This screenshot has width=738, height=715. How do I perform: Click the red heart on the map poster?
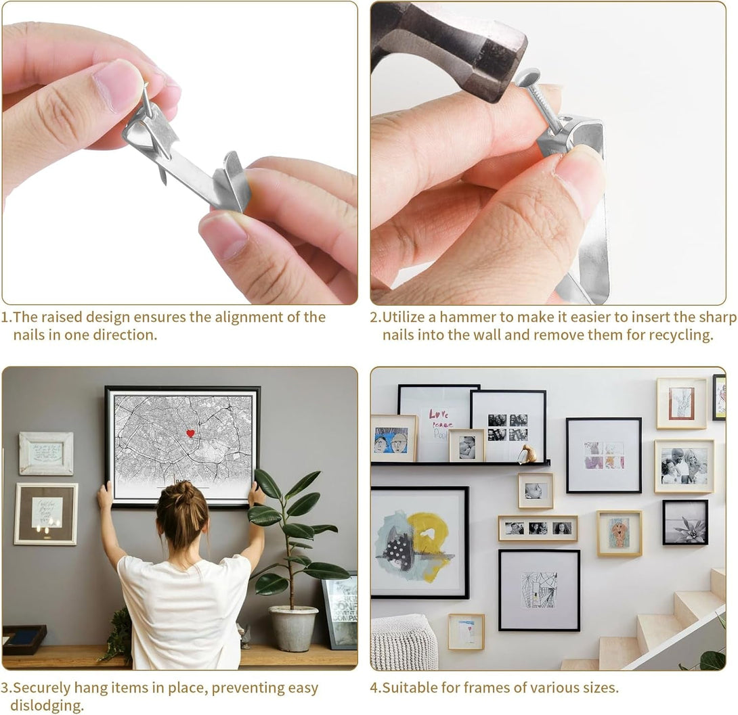click(190, 433)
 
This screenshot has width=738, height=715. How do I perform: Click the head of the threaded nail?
click(527, 76)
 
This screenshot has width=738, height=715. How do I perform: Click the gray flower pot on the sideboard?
click(293, 628)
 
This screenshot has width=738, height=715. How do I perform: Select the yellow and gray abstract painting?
click(419, 543)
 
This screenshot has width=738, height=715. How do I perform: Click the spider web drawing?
click(539, 589)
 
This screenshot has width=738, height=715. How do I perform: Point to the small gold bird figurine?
click(530, 453)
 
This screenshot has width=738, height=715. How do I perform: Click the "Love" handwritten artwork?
click(439, 423)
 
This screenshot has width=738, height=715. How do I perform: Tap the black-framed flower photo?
click(685, 522)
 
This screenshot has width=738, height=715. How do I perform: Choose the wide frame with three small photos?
click(538, 528)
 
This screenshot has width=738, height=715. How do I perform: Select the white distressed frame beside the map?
click(46, 453)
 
